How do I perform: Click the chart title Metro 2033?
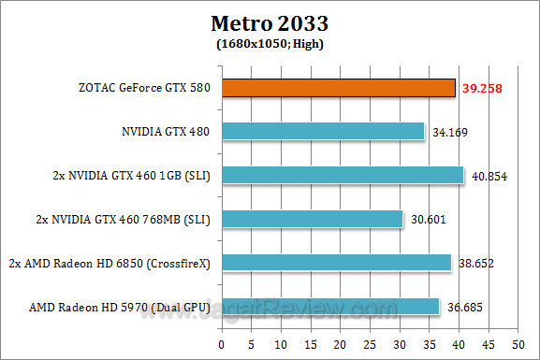click(270, 23)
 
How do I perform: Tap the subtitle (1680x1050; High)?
click(270, 43)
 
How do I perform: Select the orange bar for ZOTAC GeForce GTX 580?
click(340, 88)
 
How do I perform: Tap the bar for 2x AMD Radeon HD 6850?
click(338, 263)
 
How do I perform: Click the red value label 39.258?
click(479, 88)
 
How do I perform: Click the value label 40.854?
click(488, 176)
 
